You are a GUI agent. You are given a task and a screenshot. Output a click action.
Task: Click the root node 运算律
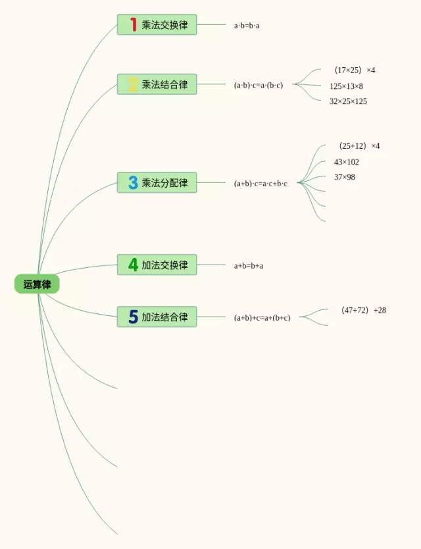coord(37,284)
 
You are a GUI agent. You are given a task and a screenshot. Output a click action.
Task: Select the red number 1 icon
coord(133,25)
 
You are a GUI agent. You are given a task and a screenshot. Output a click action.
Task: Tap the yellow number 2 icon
coord(133,84)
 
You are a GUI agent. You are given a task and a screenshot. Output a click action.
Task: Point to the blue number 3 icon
coord(133,183)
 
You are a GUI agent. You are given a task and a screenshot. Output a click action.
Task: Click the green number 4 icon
coord(133,265)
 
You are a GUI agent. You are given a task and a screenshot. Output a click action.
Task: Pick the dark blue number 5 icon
coord(133,317)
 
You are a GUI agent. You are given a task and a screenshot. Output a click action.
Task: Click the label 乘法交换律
coord(164,25)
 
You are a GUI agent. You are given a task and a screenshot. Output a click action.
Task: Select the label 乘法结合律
coord(164,84)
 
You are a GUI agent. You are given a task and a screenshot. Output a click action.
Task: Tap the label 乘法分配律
coord(164,183)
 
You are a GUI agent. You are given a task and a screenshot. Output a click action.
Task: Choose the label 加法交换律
coord(164,265)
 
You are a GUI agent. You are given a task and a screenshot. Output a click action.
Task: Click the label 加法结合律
coord(164,317)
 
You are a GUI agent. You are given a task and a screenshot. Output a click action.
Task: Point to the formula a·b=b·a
coord(247,26)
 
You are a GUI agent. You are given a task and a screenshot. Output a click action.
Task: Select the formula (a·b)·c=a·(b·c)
coord(258,85)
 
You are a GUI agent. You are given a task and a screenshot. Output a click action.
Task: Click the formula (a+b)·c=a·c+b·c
coord(260,184)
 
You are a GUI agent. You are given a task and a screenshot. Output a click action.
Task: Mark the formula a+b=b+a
coord(249,266)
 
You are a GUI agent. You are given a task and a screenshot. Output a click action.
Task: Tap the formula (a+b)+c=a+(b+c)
coord(262,318)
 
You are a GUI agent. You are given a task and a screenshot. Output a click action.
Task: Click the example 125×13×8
coord(346,86)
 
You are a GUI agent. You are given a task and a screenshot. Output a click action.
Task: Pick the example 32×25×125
coord(348,101)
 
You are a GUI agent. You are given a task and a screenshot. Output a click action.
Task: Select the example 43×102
coord(346,162)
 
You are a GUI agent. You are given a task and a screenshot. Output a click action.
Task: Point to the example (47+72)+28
coord(363,310)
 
